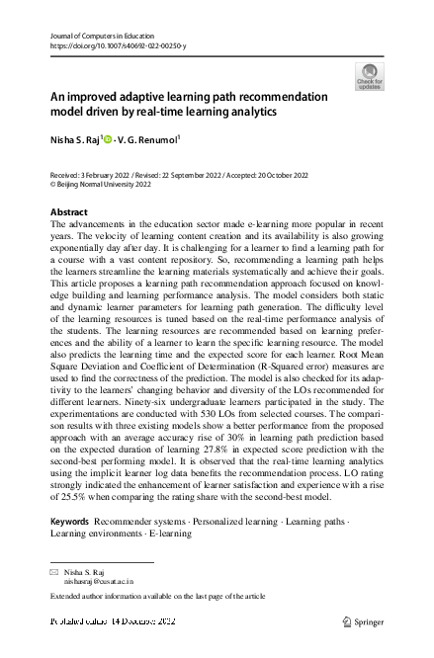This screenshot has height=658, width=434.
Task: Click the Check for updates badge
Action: click(369, 76)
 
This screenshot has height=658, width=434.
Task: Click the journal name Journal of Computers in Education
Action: click(100, 36)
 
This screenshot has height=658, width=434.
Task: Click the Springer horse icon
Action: click(347, 621)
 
